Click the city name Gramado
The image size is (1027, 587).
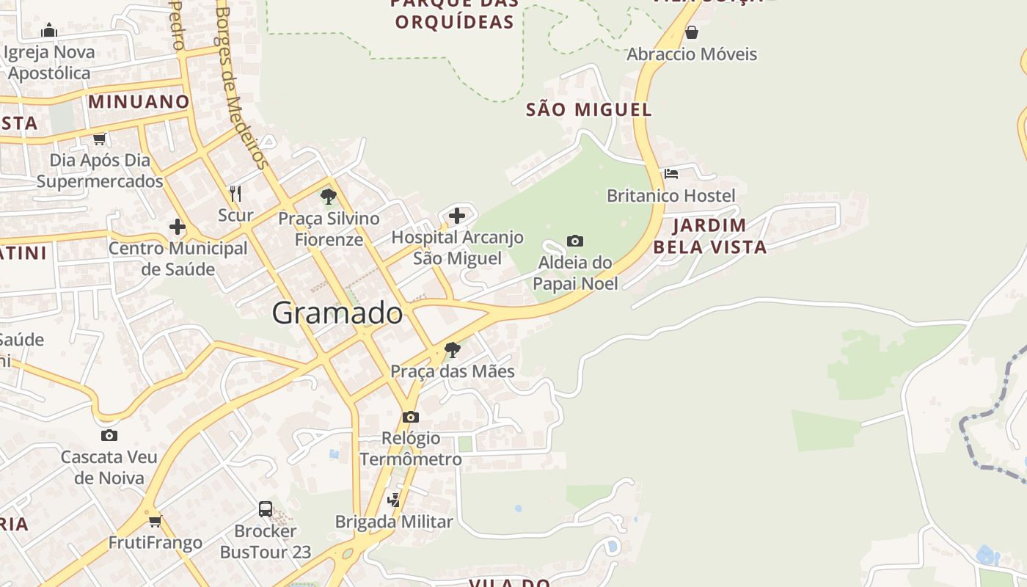pyautogui.click(x=337, y=313)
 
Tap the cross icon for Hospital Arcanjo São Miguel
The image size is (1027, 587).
pyautogui.click(x=456, y=216)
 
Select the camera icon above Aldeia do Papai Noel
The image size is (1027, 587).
pyautogui.click(x=575, y=241)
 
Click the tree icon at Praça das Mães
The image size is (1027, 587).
pyautogui.click(x=453, y=349)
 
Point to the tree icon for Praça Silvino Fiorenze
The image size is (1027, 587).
pyautogui.click(x=328, y=197)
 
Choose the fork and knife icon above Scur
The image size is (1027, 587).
pyautogui.click(x=235, y=194)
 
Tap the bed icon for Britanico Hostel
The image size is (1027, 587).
pyautogui.click(x=670, y=174)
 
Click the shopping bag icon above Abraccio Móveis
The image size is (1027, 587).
pyautogui.click(x=691, y=32)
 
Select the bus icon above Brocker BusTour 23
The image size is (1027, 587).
pyautogui.click(x=266, y=508)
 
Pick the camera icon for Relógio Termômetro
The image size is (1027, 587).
pyautogui.click(x=411, y=417)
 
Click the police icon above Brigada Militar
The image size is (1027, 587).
pyautogui.click(x=394, y=500)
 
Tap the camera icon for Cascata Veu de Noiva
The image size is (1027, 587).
pyautogui.click(x=109, y=435)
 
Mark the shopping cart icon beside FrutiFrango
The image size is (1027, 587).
pyautogui.click(x=155, y=521)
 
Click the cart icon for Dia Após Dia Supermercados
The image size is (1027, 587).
pyautogui.click(x=99, y=139)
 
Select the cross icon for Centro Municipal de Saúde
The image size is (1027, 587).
pyautogui.click(x=177, y=227)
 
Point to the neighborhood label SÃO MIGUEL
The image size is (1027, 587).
pyautogui.click(x=588, y=110)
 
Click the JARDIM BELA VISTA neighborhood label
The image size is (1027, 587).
pyautogui.click(x=709, y=236)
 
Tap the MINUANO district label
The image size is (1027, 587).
pyautogui.click(x=139, y=101)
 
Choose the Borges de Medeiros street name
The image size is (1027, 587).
pyautogui.click(x=241, y=88)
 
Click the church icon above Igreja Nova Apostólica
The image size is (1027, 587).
pyautogui.click(x=49, y=30)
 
